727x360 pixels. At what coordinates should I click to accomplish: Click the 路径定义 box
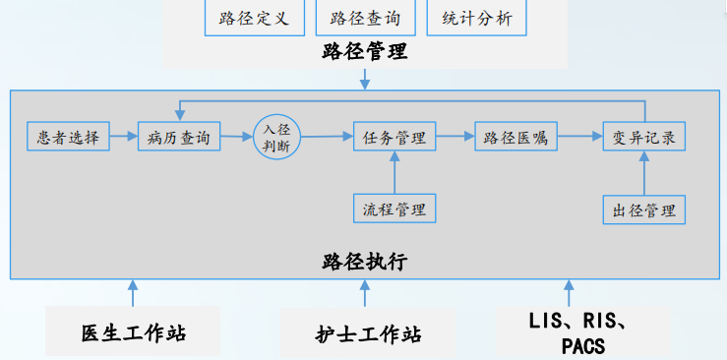pos(254,19)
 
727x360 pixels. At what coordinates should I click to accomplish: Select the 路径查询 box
pos(366,19)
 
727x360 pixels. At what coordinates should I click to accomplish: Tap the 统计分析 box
pos(477,19)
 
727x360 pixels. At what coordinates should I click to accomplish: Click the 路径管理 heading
pos(364,52)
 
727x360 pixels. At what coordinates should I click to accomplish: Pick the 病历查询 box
pos(180,137)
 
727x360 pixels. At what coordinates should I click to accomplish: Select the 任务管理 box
pos(394,137)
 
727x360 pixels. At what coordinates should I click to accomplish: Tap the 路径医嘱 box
pos(515,137)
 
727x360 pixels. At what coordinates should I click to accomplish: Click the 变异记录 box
pos(643,137)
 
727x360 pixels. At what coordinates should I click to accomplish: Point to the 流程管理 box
pos(394,209)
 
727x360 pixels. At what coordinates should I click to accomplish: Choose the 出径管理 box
pos(643,210)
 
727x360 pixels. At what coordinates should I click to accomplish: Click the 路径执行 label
pos(364,262)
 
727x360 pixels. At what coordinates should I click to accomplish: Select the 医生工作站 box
pos(134,332)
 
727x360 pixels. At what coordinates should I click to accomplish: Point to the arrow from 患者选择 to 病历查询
pos(121,137)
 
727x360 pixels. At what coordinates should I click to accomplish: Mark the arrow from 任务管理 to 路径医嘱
pos(454,137)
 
